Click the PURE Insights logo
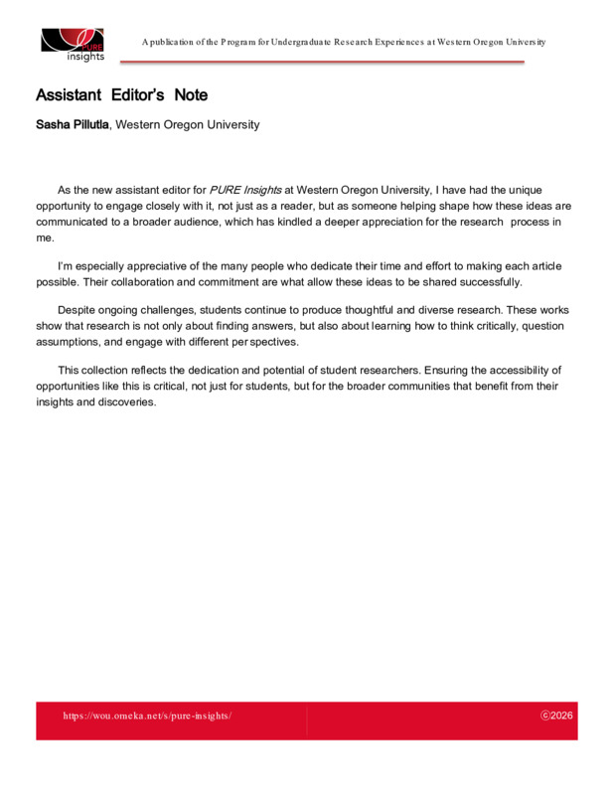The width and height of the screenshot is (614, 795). [x=73, y=44]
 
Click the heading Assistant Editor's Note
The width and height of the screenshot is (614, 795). [x=121, y=95]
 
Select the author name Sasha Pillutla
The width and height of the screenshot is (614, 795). [x=73, y=125]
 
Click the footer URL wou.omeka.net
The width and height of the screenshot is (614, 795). [x=147, y=715]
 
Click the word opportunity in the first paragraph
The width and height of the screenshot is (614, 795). [x=68, y=205]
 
